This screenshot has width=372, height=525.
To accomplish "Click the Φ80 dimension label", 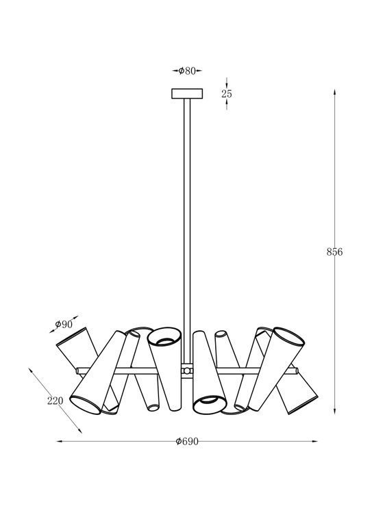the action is [187, 70].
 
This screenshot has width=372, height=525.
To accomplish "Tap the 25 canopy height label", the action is [227, 94].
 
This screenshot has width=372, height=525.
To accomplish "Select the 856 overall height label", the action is [334, 252].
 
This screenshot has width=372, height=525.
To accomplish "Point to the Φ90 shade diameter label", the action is [64, 324].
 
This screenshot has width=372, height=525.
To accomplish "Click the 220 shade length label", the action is [55, 401].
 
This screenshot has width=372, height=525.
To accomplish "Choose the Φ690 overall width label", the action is [187, 442].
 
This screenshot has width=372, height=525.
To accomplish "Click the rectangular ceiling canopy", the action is [187, 94].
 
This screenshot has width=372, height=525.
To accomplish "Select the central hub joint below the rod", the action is [187, 371].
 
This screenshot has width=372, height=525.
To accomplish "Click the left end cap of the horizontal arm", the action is [78, 371].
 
